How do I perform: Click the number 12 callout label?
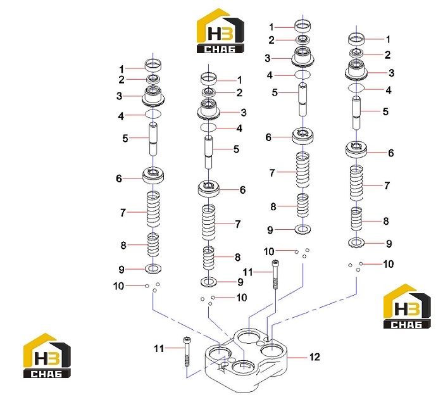pyautogui.click(x=315, y=357)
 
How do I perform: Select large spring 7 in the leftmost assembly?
pyautogui.click(x=153, y=210)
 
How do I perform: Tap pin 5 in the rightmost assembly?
pyautogui.click(x=356, y=113)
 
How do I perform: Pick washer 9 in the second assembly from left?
pyautogui.click(x=208, y=282)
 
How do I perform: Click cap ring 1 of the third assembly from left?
pyautogui.click(x=303, y=26)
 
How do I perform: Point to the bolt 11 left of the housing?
pyautogui.click(x=187, y=351)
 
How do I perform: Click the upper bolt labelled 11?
pyautogui.click(x=275, y=274)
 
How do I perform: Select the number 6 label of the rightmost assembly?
pyautogui.click(x=390, y=153)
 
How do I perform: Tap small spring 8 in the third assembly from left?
pyautogui.click(x=303, y=206)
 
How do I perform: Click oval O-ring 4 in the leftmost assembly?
pyautogui.click(x=153, y=114)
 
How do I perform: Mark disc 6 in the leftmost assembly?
pyautogui.click(x=153, y=176)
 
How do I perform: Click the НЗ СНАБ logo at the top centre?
pyautogui.click(x=220, y=31)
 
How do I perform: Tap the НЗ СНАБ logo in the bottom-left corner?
pyautogui.click(x=47, y=356)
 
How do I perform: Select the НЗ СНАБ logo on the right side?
pyautogui.click(x=407, y=306)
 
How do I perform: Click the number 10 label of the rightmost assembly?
pyautogui.click(x=388, y=264)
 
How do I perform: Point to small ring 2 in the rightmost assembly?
pyautogui.click(x=356, y=53)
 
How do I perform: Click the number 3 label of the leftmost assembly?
pyautogui.click(x=119, y=96)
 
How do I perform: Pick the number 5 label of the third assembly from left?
pyautogui.click(x=275, y=92)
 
